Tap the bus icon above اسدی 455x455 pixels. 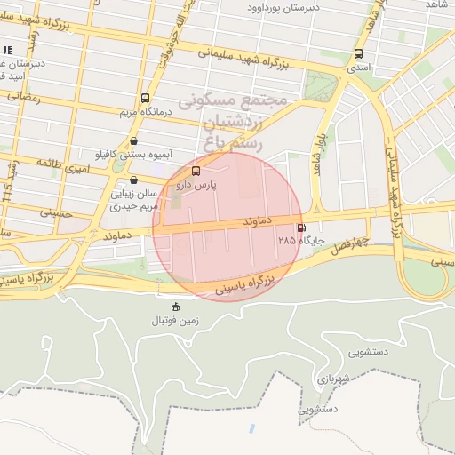(x=358, y=53)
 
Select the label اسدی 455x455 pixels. (x=358, y=67)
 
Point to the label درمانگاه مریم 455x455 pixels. (x=144, y=112)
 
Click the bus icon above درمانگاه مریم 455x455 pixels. (x=145, y=99)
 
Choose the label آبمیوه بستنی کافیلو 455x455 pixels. (x=133, y=153)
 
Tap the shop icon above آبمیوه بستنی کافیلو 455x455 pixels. (x=133, y=140)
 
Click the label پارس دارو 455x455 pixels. (x=196, y=185)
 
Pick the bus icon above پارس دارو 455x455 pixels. (x=196, y=172)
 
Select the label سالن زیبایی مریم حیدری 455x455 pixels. (x=133, y=199)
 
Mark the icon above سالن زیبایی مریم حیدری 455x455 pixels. (x=133, y=180)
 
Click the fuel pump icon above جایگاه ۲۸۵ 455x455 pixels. (x=301, y=227)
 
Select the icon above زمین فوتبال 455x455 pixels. (x=174, y=307)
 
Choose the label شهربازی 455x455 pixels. (x=331, y=377)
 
